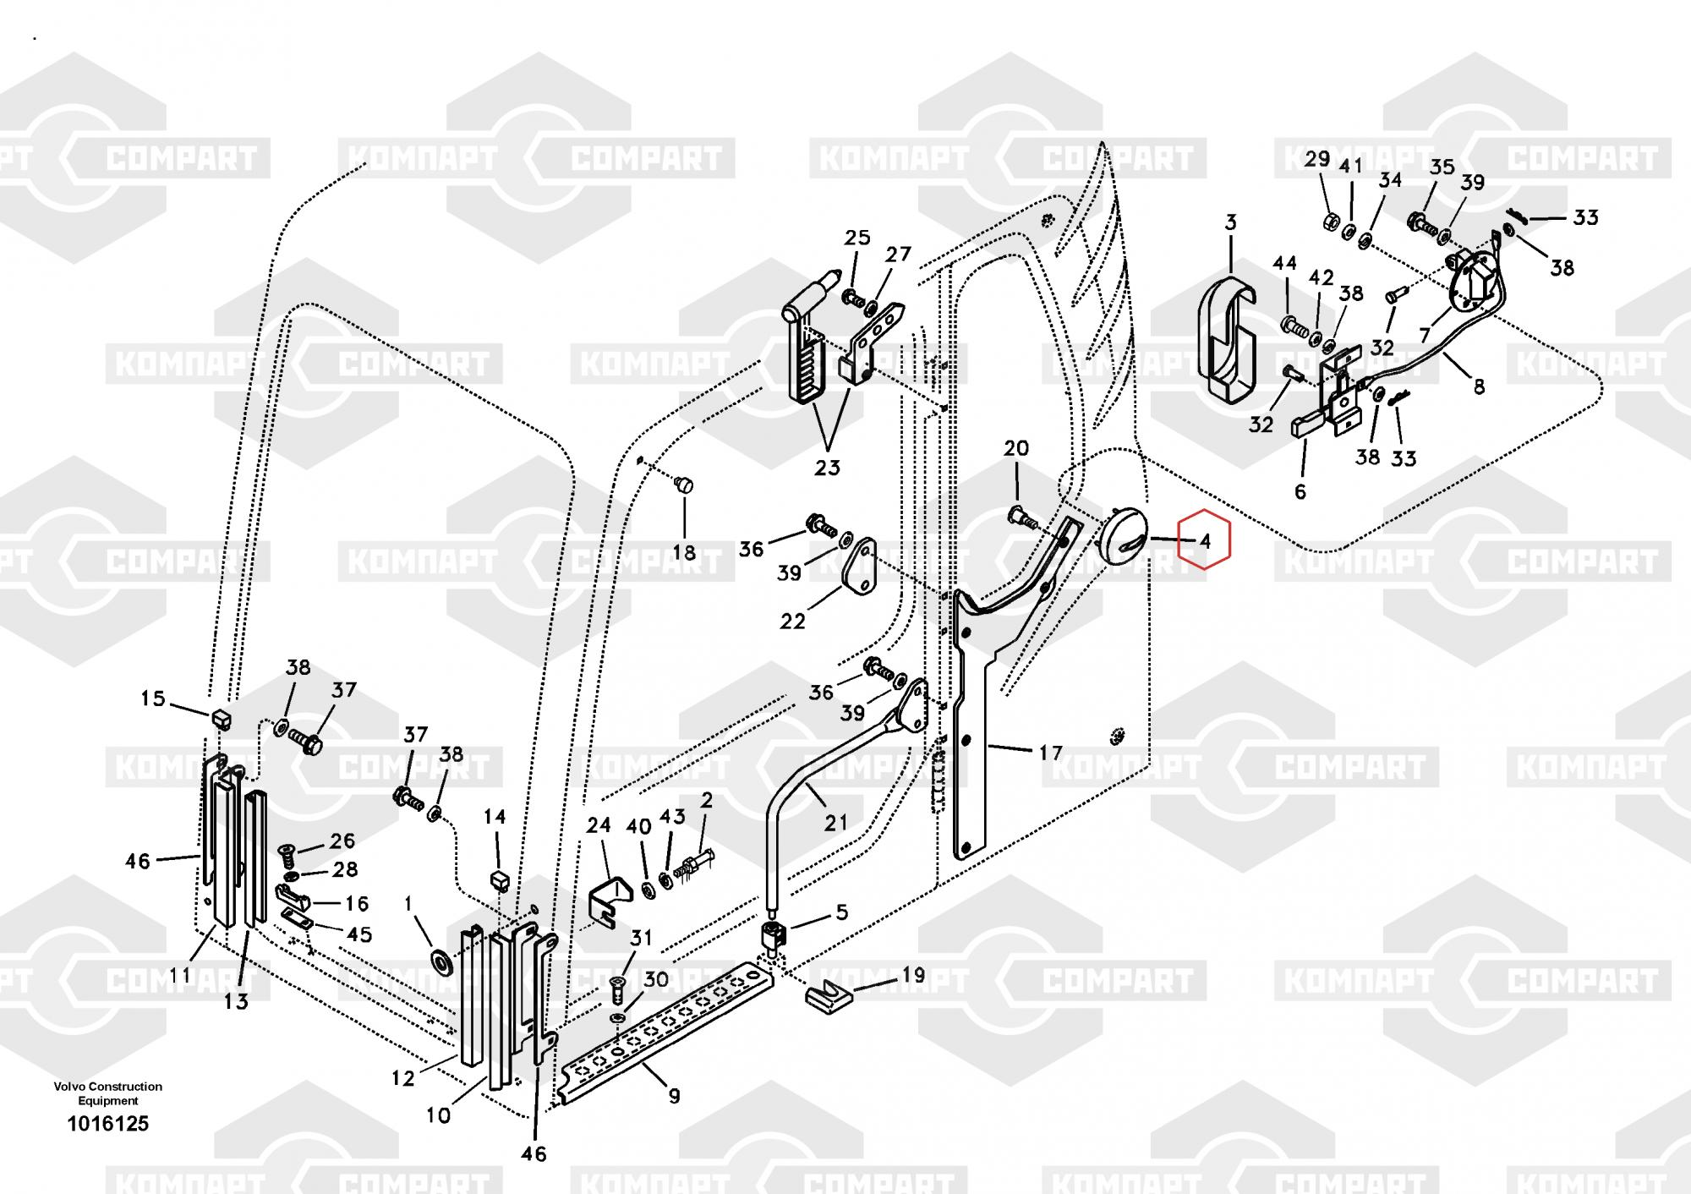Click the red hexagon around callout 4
[1206, 540]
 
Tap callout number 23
[827, 467]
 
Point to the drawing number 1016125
[108, 1123]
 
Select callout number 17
[1050, 752]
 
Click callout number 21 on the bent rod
[835, 821]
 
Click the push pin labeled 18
[684, 485]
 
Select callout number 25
[857, 238]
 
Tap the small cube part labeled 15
[221, 719]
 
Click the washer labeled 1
[439, 961]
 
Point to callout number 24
[599, 824]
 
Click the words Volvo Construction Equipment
[108, 1093]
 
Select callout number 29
[1317, 159]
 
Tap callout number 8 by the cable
[1479, 386]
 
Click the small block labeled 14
[498, 880]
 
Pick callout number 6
[1300, 490]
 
